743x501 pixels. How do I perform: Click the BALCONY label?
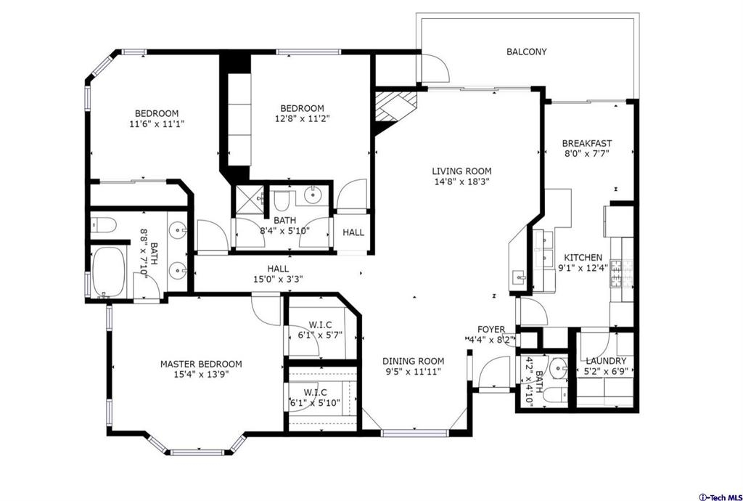tap(527, 52)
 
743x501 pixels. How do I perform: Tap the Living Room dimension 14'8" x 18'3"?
tap(461, 181)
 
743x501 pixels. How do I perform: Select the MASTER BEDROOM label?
tap(201, 364)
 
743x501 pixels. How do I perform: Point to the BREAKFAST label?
tap(586, 143)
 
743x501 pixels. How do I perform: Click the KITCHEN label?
tap(583, 257)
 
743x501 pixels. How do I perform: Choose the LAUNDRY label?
tap(606, 361)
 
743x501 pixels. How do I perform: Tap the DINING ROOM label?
tap(414, 361)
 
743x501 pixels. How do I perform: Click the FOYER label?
tap(491, 330)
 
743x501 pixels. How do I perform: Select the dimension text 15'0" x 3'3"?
tap(278, 279)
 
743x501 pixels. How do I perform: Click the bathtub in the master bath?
tap(109, 272)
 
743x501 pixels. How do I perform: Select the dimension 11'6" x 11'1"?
tap(157, 123)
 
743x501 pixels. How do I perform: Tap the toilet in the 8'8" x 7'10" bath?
tap(104, 224)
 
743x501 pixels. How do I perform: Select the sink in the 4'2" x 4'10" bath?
tap(559, 368)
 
